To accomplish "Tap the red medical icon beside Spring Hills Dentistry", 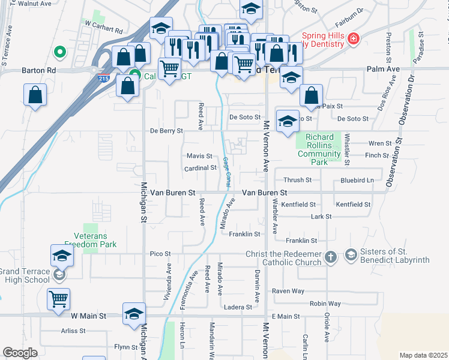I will coord(354,39).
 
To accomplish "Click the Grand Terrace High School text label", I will coord(25,275).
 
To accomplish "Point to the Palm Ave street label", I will coord(383,70).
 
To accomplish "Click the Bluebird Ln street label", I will coord(357,180).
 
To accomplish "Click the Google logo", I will coord(20,353).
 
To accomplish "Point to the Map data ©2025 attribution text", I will coord(423,355).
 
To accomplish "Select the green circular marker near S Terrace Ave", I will coord(59,53).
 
